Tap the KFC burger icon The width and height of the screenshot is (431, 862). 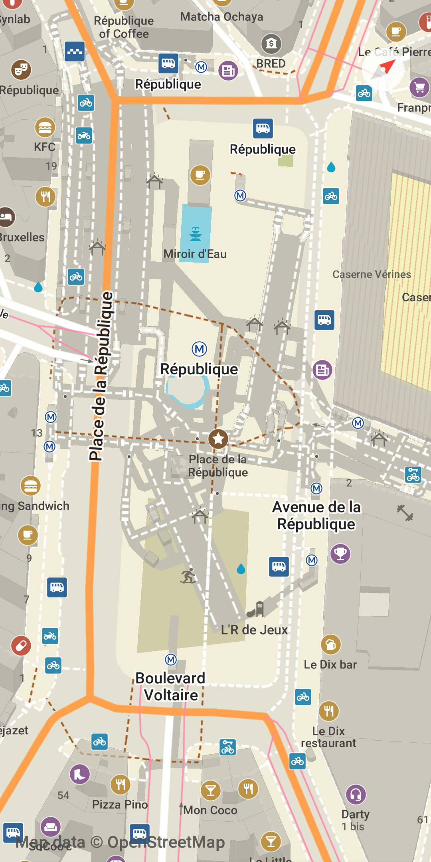pyautogui.click(x=45, y=128)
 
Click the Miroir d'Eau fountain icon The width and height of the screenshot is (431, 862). pyautogui.click(x=195, y=233)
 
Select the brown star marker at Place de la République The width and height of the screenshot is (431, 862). pyautogui.click(x=218, y=439)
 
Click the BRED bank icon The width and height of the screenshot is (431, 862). pyautogui.click(x=271, y=43)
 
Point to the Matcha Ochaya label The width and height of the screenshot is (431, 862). pyautogui.click(x=221, y=17)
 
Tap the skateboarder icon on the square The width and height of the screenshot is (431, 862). pyautogui.click(x=188, y=576)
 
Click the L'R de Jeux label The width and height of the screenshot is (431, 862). pyautogui.click(x=254, y=630)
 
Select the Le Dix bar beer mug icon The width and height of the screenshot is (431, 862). pyautogui.click(x=331, y=644)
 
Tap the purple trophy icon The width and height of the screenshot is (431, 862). pyautogui.click(x=340, y=554)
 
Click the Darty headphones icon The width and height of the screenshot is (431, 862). pyautogui.click(x=356, y=795)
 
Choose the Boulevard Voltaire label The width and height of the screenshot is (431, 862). pyautogui.click(x=170, y=686)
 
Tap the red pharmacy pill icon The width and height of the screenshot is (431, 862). pyautogui.click(x=21, y=645)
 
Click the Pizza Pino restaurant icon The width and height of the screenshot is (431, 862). pyautogui.click(x=120, y=784)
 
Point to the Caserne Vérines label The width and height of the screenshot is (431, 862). pyautogui.click(x=372, y=274)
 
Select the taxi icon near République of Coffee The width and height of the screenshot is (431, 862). pyautogui.click(x=75, y=51)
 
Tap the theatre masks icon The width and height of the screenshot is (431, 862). pyautogui.click(x=21, y=70)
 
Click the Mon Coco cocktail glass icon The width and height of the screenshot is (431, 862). pyautogui.click(x=210, y=790)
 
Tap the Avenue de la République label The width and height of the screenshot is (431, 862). pyautogui.click(x=316, y=515)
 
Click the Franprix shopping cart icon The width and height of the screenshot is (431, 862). pyautogui.click(x=419, y=87)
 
